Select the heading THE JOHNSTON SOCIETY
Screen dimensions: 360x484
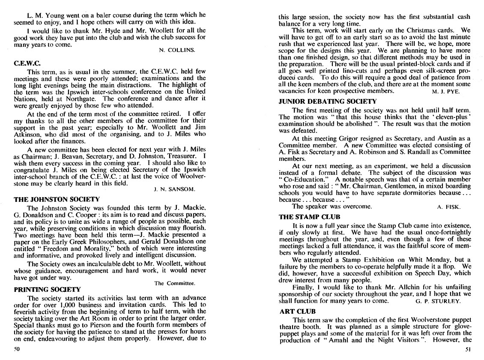pos(57,199)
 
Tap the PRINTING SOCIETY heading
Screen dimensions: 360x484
pos(47,289)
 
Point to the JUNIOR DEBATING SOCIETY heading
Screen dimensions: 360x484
pos(328,102)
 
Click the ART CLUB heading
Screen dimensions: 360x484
pos(297,312)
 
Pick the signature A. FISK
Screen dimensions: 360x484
pos(449,207)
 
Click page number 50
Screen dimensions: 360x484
pos(18,349)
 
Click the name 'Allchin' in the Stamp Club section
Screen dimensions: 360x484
pos(376,294)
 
